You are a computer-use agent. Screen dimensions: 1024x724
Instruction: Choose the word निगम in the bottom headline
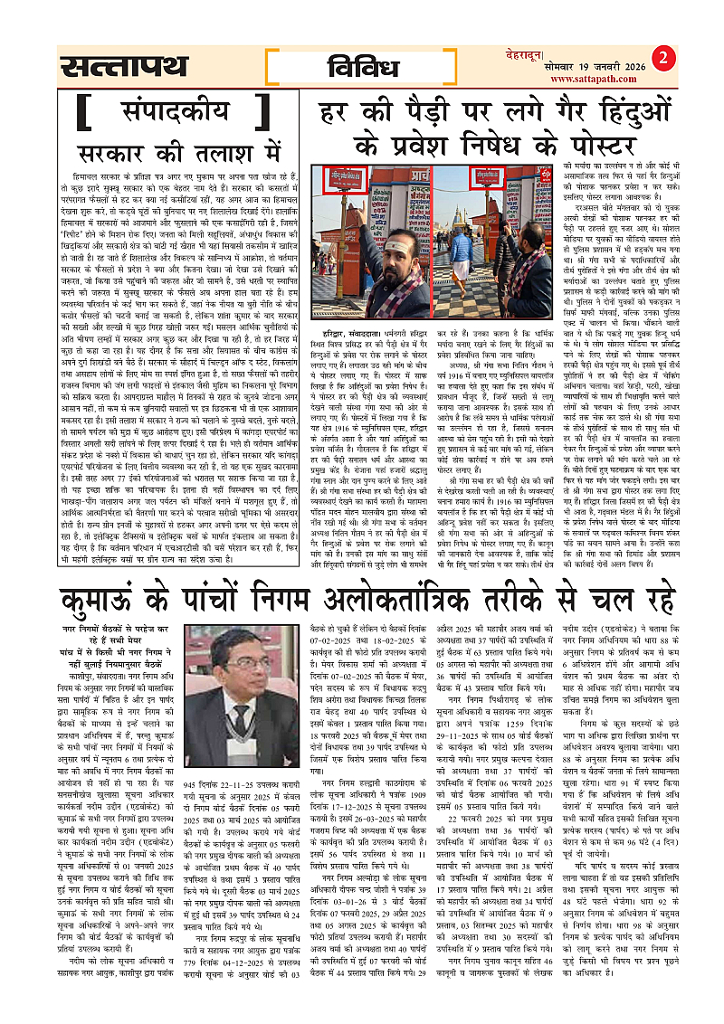[x=284, y=574]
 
